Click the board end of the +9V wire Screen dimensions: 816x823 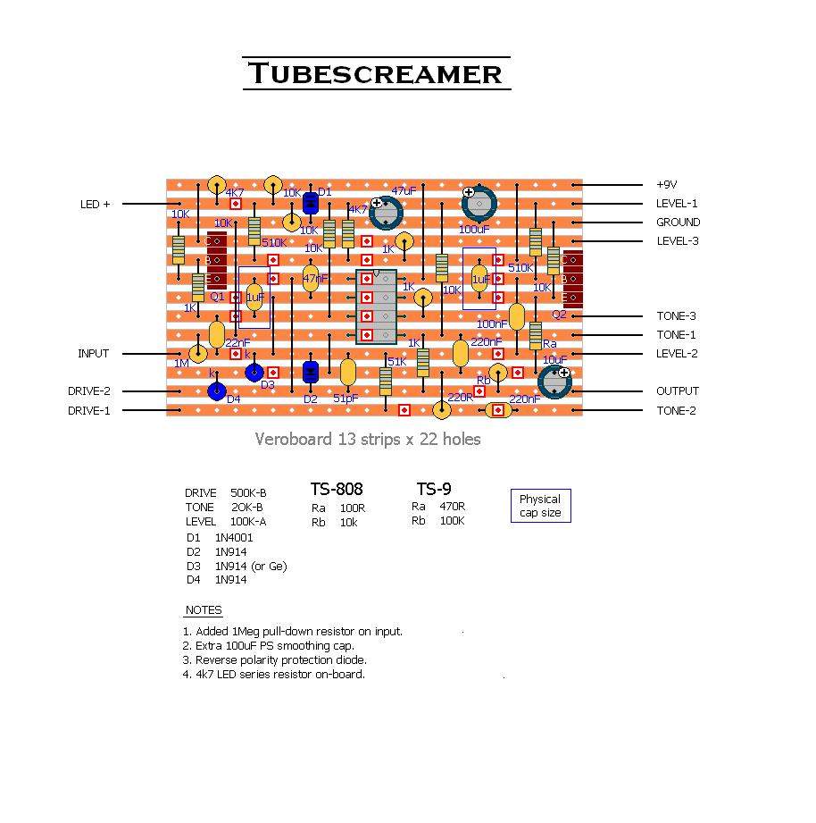(574, 185)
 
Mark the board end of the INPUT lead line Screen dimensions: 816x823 (179, 354)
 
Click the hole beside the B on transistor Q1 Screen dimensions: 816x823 (217, 260)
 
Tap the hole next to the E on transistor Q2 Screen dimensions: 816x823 (574, 298)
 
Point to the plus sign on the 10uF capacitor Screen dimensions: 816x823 (563, 372)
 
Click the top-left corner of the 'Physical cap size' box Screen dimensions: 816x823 (512, 490)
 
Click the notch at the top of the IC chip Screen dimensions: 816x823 (376, 273)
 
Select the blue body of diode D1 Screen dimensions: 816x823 (311, 203)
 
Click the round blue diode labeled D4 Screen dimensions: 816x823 (217, 391)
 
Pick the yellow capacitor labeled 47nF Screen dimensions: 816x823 (311, 278)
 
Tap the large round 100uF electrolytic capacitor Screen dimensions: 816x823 (479, 204)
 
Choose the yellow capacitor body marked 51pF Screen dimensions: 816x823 (348, 373)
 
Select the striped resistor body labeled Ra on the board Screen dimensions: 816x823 (536, 335)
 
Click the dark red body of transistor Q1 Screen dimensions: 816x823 (217, 260)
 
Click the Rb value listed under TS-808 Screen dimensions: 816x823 (349, 523)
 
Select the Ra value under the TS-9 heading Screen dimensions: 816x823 (452, 507)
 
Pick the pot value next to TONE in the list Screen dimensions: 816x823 (247, 508)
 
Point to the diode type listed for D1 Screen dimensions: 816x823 (234, 538)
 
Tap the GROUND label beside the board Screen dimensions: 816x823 (679, 223)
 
